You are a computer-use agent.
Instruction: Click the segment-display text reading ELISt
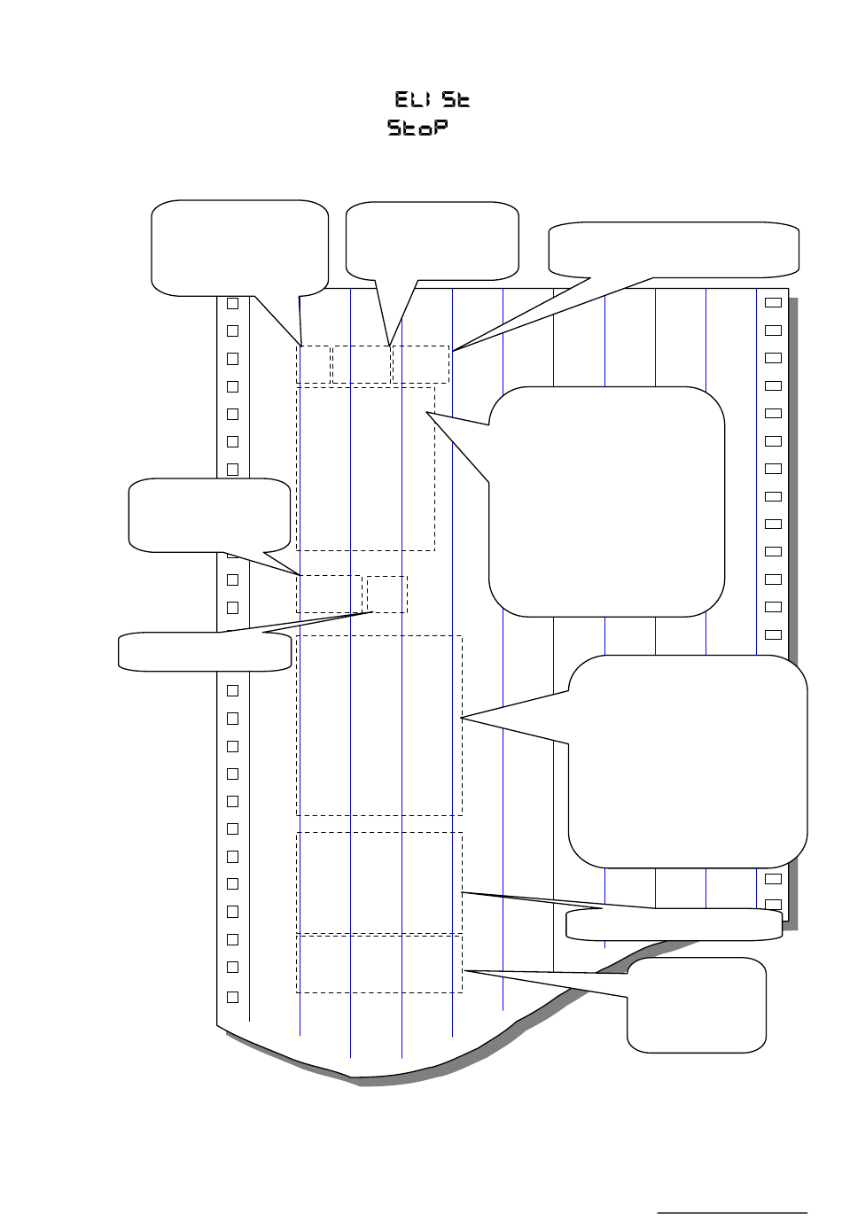tap(432, 100)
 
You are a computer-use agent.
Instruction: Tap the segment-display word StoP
tap(417, 129)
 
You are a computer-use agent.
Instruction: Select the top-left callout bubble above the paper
tap(239, 246)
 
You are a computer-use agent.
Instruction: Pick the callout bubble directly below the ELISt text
tap(432, 240)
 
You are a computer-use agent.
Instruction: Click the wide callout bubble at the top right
tap(674, 249)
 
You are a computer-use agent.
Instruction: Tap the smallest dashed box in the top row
tap(313, 364)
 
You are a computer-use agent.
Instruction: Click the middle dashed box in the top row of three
tap(362, 364)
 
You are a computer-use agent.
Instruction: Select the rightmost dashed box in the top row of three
tap(421, 364)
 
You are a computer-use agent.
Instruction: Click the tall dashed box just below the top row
tap(365, 468)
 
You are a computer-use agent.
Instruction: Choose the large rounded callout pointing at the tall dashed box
tap(606, 501)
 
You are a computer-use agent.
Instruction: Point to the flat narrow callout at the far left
tap(205, 651)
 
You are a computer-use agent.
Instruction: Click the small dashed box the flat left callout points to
tap(387, 594)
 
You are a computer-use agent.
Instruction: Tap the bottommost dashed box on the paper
tap(379, 963)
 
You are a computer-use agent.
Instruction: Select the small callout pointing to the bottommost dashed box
tap(697, 1005)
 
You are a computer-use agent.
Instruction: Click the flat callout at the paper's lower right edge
tap(674, 924)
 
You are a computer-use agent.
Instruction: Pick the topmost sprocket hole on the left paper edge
tap(233, 303)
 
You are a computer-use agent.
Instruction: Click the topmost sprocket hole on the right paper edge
tap(773, 302)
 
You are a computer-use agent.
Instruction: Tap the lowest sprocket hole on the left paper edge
tap(233, 997)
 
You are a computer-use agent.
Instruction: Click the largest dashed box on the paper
tap(379, 725)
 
